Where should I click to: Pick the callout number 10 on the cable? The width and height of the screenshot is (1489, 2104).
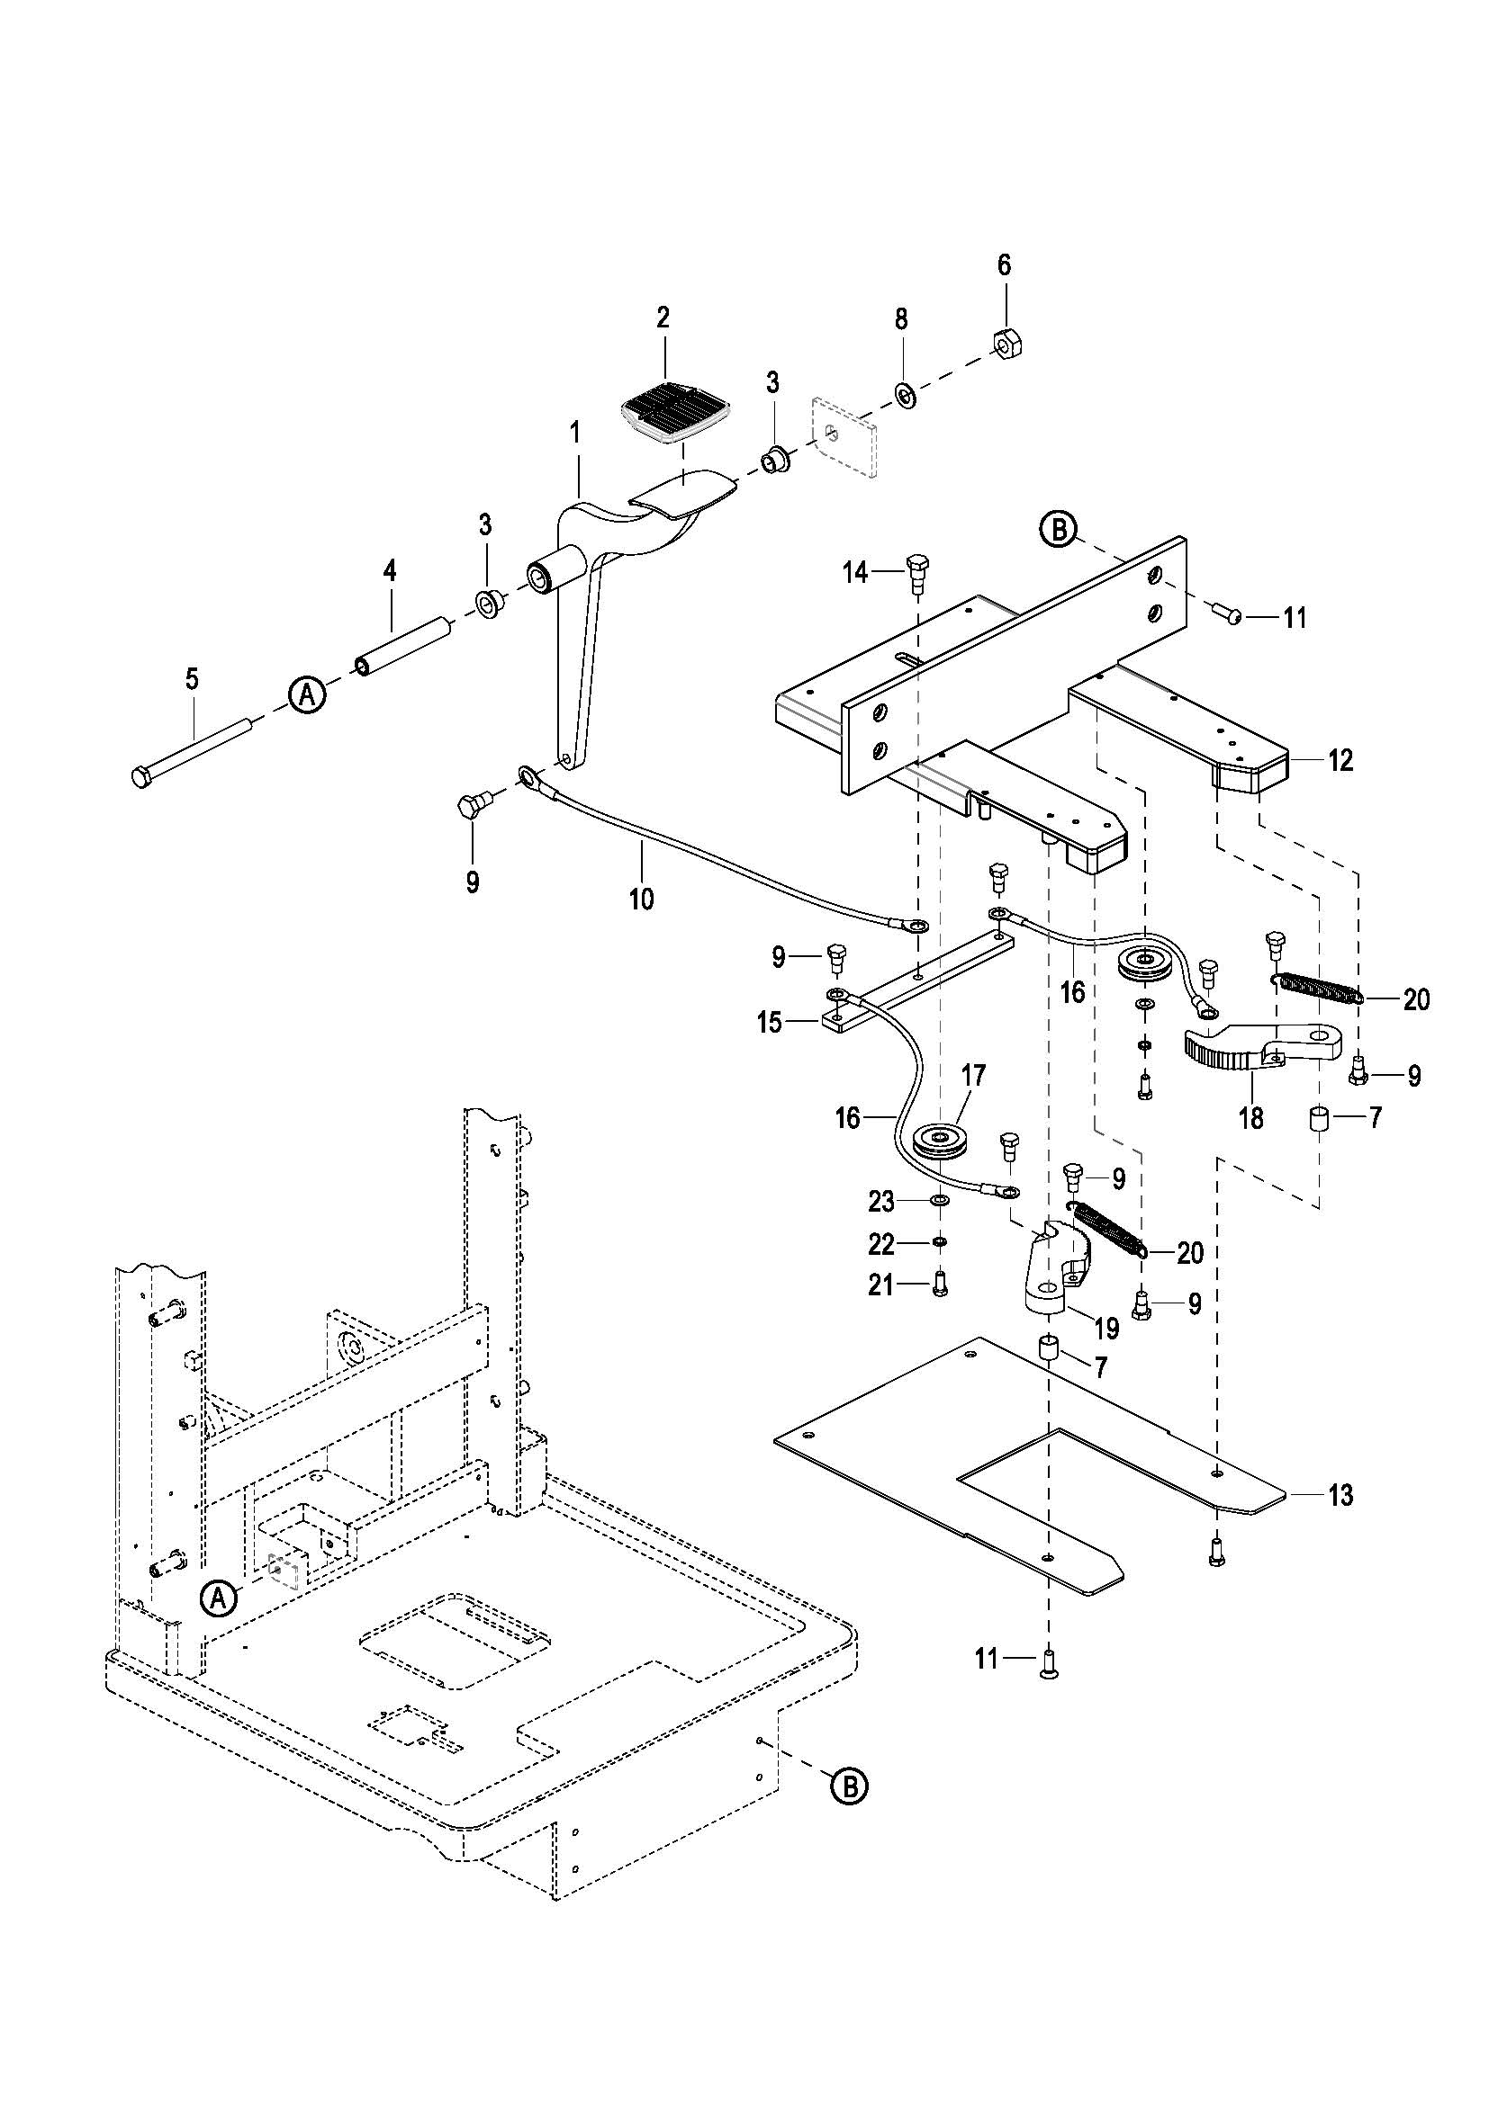click(x=642, y=899)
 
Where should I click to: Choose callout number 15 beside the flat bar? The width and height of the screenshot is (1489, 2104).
click(x=771, y=1022)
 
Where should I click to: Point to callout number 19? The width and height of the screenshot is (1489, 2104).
click(x=1106, y=1327)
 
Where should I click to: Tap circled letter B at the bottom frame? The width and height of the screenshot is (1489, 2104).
click(x=848, y=1785)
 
